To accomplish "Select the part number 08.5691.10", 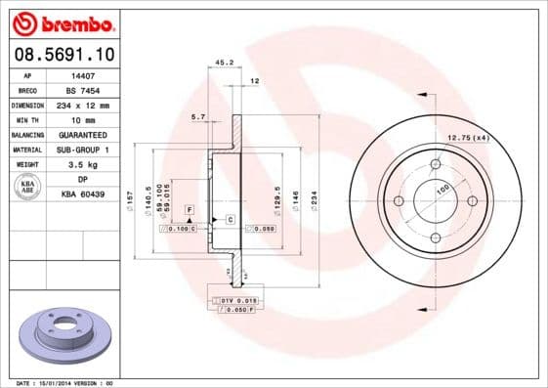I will point(62,56).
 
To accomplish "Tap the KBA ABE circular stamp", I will point(28,187).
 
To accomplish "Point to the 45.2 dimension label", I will point(223,64).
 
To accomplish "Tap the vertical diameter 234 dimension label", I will point(314,199).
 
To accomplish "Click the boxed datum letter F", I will point(190,210).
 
